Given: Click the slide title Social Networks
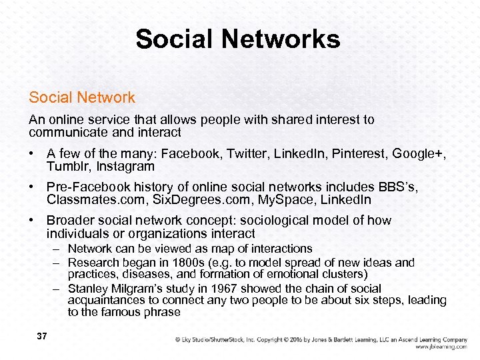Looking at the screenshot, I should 238,39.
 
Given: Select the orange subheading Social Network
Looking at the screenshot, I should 81,97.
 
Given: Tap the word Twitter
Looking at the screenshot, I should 245,154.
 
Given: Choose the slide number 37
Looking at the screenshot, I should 41,337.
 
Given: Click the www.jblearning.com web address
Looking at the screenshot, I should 441,347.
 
